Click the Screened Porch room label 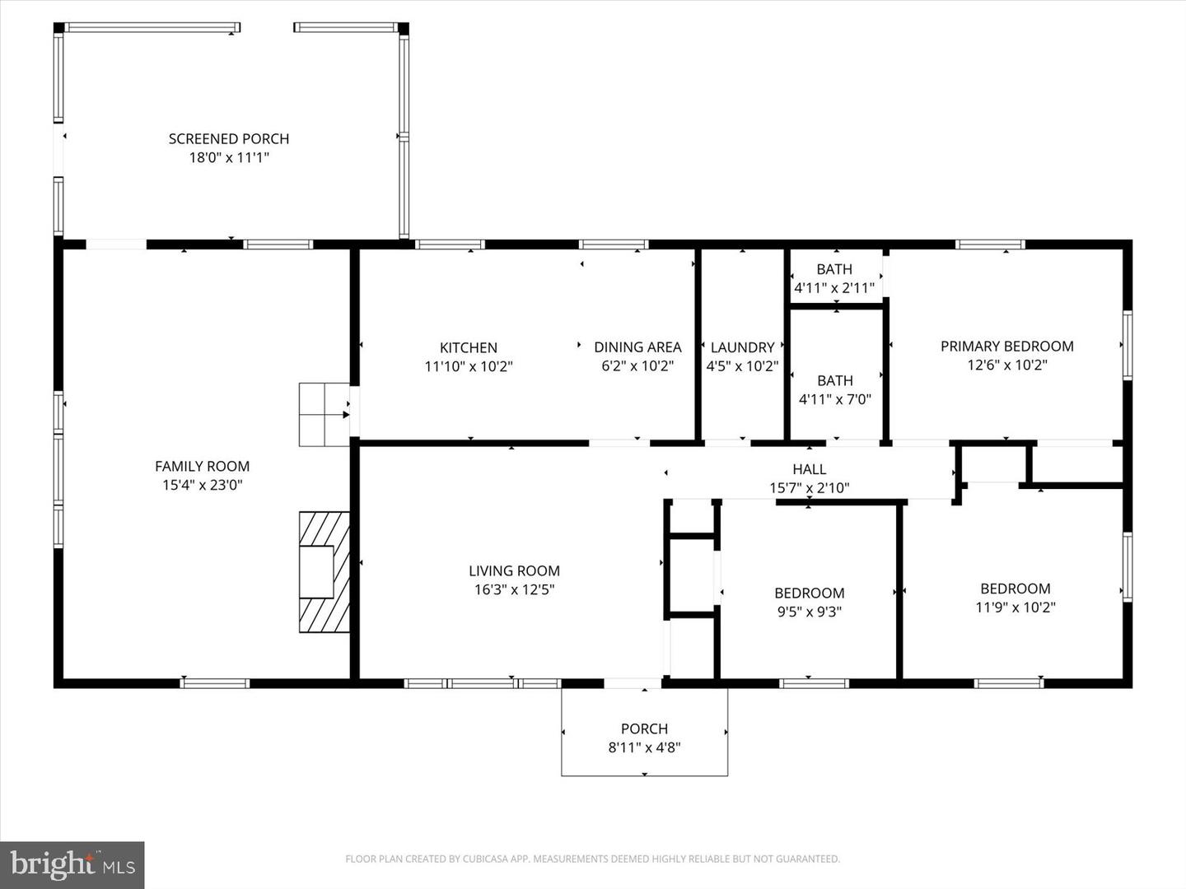[229, 139]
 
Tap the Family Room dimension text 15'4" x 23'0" [203, 485]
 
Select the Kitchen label [468, 347]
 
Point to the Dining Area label [637, 347]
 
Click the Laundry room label [742, 347]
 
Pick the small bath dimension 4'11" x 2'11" [834, 288]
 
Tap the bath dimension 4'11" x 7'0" [834, 399]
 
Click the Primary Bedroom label [1006, 347]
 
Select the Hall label [809, 469]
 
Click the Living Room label [514, 570]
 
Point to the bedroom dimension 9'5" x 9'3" [809, 612]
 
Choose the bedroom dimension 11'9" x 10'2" [1015, 607]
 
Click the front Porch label [644, 728]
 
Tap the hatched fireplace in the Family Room [324, 572]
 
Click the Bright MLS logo [72, 864]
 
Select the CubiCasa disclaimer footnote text [592, 859]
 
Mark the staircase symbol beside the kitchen [324, 415]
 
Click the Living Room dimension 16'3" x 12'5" [514, 589]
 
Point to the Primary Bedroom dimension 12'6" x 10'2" [1006, 365]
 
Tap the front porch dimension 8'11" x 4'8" [644, 747]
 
